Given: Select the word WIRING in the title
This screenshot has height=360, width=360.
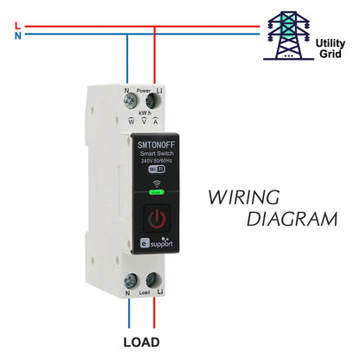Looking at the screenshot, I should coord(244,197).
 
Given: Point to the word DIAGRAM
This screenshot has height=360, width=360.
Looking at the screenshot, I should coord(292,220).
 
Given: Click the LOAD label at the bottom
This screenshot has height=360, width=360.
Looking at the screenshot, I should coord(141,342).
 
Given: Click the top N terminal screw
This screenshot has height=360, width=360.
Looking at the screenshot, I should coord(131,103).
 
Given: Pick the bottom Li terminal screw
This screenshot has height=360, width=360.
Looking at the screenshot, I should coord(154,279).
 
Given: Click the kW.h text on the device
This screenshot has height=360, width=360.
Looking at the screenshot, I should coord(144,112).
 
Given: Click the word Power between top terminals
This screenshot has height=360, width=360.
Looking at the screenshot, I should coord(144,89).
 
